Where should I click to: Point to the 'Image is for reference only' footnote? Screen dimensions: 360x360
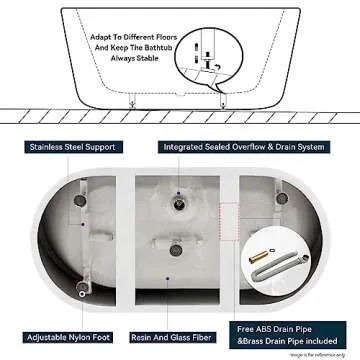321,353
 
